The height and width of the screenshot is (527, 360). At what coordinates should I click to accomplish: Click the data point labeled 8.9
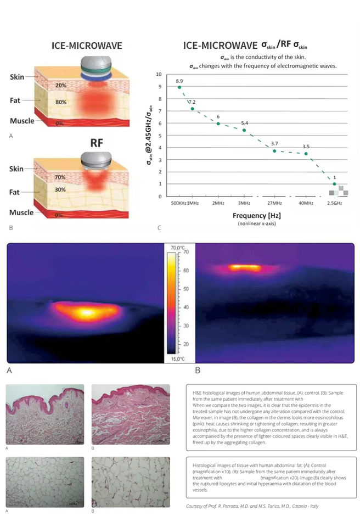(x=179, y=87)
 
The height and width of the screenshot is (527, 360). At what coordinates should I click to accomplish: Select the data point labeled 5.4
(x=244, y=130)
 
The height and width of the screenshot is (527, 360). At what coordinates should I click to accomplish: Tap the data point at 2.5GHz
(x=334, y=184)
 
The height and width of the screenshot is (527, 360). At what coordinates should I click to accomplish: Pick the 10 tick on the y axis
(x=159, y=74)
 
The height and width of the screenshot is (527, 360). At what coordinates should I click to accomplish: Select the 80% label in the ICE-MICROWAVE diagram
(x=61, y=102)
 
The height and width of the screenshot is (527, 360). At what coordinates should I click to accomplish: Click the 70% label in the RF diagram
(x=60, y=178)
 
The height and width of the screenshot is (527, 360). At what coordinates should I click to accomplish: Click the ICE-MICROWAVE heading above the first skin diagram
(x=87, y=46)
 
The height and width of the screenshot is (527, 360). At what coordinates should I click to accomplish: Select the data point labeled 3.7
(x=274, y=151)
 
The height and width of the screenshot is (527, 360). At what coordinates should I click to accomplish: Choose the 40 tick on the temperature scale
(x=185, y=307)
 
